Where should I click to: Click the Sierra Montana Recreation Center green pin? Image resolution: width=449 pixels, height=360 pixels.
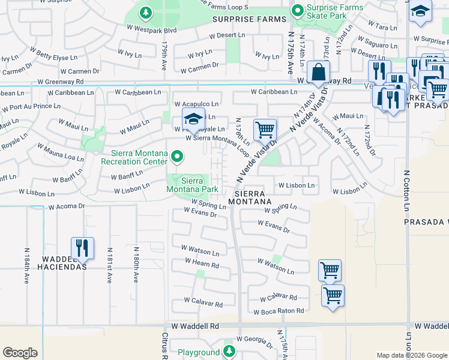(176, 157)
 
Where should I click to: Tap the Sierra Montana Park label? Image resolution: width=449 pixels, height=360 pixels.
(191, 184)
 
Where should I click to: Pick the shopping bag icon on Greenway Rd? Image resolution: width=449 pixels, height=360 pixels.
(319, 73)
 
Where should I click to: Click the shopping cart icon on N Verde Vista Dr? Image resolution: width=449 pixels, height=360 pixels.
(265, 129)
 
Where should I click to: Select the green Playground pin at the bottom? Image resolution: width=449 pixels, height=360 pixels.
(228, 350)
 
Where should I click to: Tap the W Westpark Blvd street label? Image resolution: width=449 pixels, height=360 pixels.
(152, 29)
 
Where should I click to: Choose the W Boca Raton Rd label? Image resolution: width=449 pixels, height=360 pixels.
(279, 312)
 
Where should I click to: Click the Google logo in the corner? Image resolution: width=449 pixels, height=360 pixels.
(20, 353)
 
